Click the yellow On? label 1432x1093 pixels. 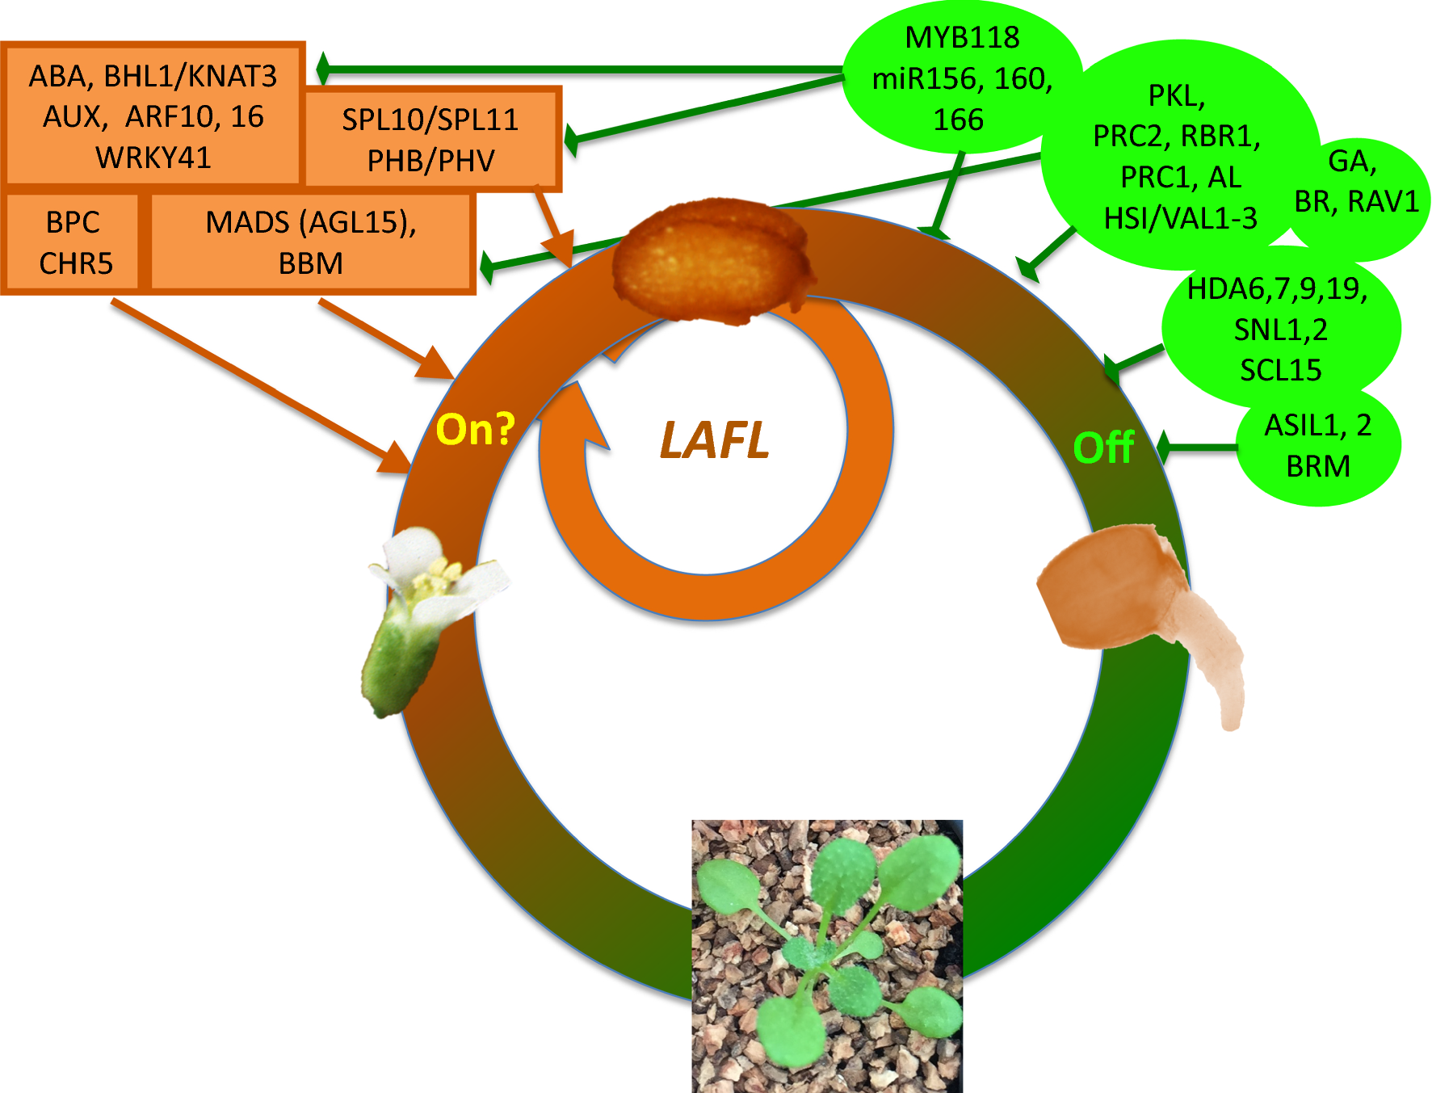[475, 429]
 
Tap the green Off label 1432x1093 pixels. [1103, 448]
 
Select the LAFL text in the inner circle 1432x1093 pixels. [714, 441]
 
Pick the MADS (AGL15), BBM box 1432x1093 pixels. [311, 242]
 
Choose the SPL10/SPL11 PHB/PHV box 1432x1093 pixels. [431, 140]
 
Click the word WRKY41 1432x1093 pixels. [153, 158]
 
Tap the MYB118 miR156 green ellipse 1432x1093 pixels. [961, 78]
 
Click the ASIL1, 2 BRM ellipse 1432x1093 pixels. [1318, 447]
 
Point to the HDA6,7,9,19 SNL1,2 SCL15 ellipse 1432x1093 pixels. [1280, 330]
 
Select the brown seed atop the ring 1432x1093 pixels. [711, 263]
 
